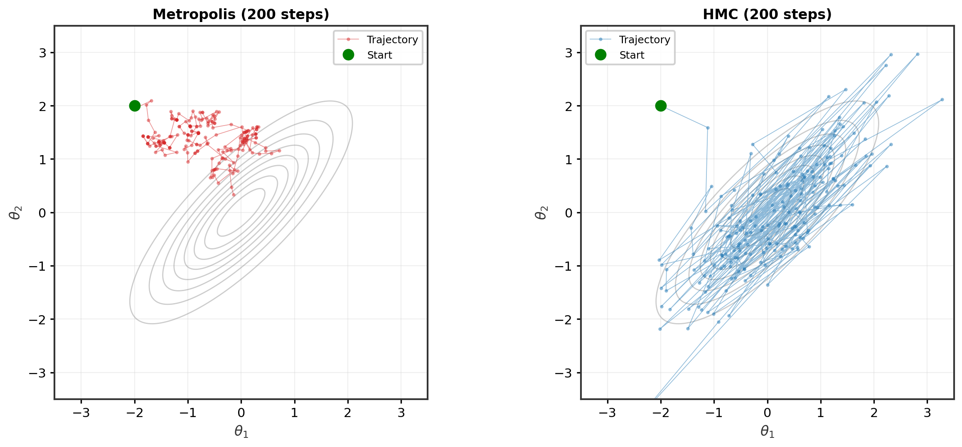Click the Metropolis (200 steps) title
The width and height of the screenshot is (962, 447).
[241, 14]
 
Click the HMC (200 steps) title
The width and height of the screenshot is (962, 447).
[767, 14]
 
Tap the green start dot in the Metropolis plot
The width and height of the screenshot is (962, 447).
[135, 106]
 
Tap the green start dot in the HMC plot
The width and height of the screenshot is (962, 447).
[661, 106]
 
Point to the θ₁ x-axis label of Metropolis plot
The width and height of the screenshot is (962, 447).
[241, 432]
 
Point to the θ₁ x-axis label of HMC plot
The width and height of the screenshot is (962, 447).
[767, 432]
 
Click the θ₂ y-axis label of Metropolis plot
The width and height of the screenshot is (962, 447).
[15, 212]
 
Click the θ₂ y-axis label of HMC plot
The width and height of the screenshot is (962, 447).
[541, 212]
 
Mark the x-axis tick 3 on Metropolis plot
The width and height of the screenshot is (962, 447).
[401, 413]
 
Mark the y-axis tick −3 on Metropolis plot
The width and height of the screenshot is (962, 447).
[37, 373]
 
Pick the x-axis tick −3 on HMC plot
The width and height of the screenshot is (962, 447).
[607, 413]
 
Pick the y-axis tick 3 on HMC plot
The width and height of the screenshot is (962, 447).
[568, 53]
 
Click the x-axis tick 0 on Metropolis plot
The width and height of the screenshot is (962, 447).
[241, 413]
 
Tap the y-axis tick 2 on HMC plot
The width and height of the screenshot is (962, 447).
[568, 106]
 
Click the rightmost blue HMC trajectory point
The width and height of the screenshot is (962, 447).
[942, 99]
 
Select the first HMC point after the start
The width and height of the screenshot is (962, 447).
[708, 128]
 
